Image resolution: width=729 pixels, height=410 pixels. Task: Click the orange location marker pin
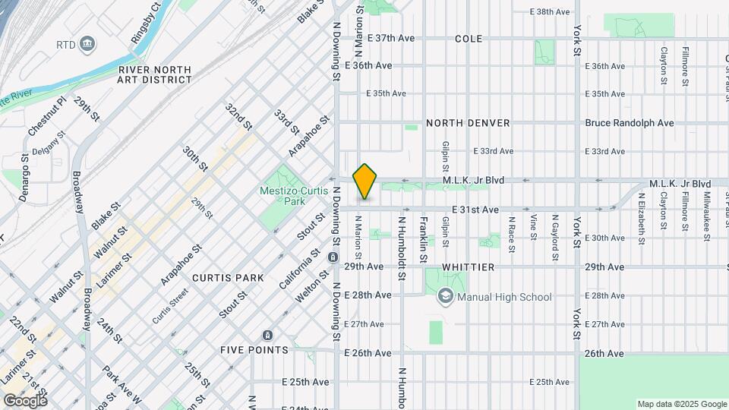[x=365, y=181]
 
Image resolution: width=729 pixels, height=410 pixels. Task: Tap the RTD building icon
[x=87, y=45]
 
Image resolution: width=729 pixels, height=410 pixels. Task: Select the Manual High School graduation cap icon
[x=445, y=297]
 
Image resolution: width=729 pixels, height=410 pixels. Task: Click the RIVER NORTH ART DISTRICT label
[x=155, y=74]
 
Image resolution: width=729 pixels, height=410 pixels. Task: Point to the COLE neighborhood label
[x=469, y=38]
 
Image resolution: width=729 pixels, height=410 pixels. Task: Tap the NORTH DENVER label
[x=468, y=123]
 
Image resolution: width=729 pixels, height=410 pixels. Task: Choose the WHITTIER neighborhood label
[x=470, y=267]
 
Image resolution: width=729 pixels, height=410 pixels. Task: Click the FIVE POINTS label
[x=254, y=350]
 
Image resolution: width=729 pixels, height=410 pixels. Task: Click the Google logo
[x=25, y=400]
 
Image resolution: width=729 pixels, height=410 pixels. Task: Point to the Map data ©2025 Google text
[x=682, y=404]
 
